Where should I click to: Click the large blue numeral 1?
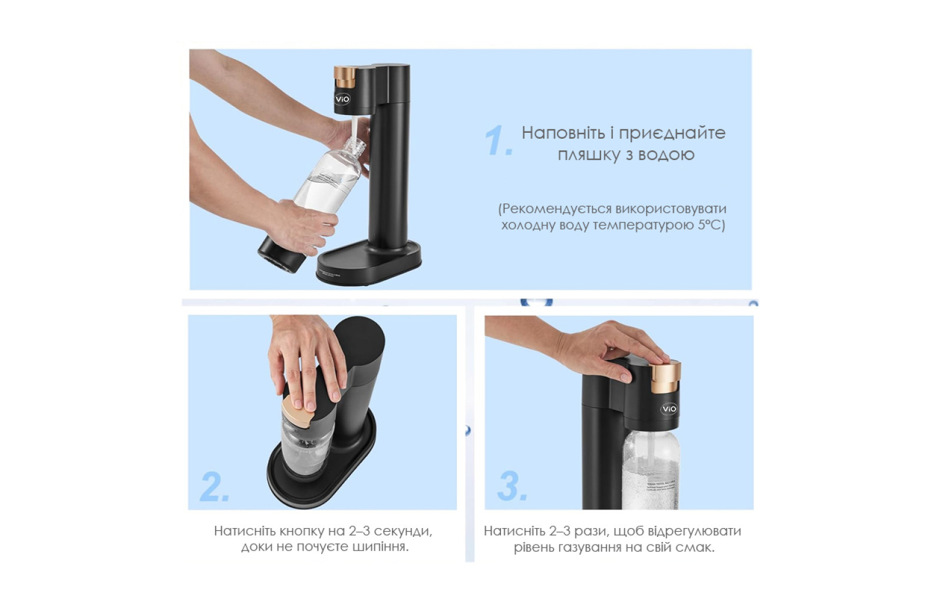click(499, 140)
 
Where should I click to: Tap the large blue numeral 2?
click(215, 486)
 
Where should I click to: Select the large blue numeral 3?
click(512, 486)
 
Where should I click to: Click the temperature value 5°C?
click(711, 225)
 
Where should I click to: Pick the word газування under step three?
click(589, 548)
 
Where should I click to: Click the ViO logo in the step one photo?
click(342, 99)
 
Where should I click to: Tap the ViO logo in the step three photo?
click(669, 409)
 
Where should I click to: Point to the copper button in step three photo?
click(665, 376)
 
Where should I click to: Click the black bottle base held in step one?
click(281, 255)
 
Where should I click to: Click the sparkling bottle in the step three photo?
click(651, 470)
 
